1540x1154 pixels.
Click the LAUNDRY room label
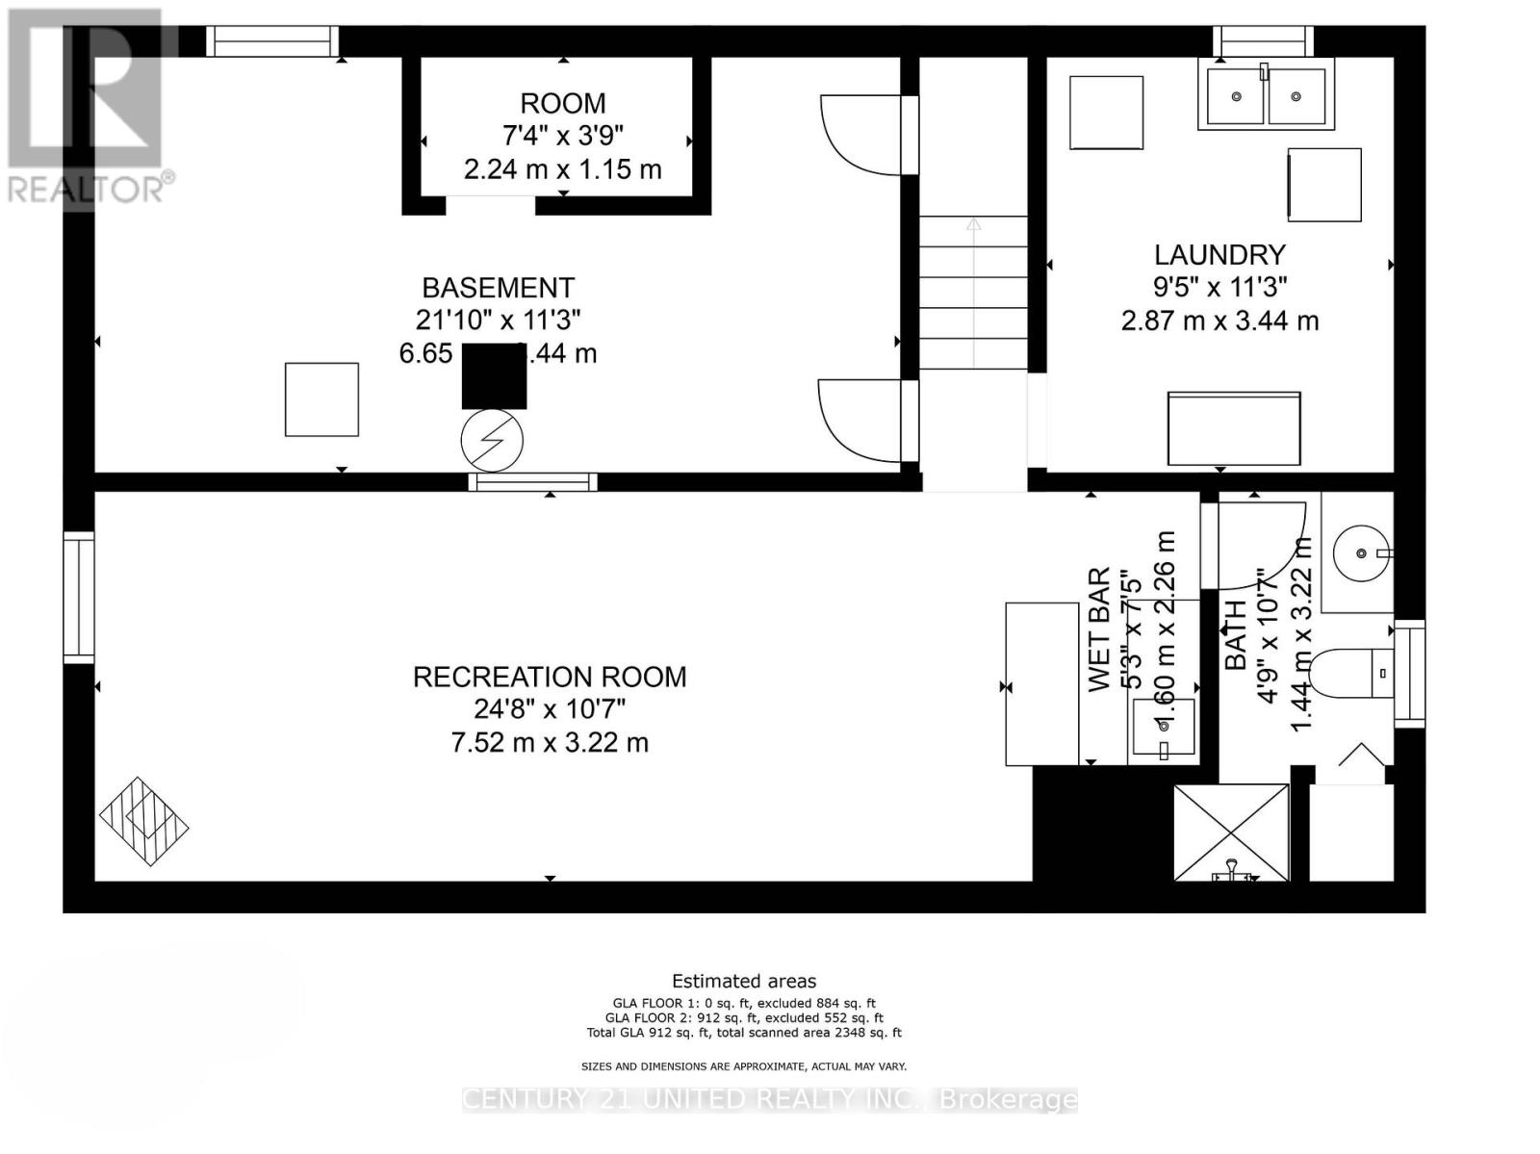coord(1219,255)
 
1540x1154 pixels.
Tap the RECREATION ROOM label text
coord(550,677)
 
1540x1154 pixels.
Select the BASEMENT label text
coord(498,288)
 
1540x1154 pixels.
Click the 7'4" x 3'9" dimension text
coord(563,136)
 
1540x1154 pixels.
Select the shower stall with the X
coord(1231,832)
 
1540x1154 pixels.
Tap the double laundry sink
coord(1266,94)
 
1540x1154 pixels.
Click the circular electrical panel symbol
coord(492,441)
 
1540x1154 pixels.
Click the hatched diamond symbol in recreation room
coord(143,821)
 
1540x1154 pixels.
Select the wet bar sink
coord(1164,728)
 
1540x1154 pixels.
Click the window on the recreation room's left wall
coord(79,597)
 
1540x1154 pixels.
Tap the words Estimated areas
coord(743,981)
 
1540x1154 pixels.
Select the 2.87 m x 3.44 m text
coord(1219,321)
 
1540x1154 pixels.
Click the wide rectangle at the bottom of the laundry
coord(1234,428)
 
